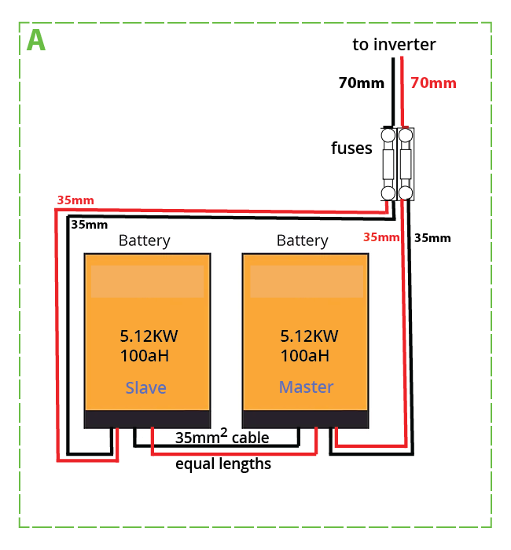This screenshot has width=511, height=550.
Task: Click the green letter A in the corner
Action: (x=35, y=40)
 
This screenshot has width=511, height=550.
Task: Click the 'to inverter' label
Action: (x=393, y=44)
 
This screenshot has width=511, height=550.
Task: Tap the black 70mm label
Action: (x=361, y=82)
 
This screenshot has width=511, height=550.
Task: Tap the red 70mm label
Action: (x=433, y=82)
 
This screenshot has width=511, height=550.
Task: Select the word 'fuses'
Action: (x=351, y=148)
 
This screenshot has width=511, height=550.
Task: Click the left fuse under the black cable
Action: (x=388, y=164)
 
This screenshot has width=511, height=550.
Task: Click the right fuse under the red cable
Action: (x=406, y=164)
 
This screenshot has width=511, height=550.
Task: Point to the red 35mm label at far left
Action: (x=75, y=200)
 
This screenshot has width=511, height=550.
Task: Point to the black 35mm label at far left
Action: (x=89, y=224)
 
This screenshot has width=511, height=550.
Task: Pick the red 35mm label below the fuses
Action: (x=381, y=237)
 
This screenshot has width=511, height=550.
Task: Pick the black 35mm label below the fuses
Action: (x=432, y=237)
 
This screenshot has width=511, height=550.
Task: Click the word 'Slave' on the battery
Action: (x=146, y=388)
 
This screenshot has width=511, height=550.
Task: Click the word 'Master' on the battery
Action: (x=306, y=387)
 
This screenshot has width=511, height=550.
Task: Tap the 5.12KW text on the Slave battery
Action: (x=149, y=336)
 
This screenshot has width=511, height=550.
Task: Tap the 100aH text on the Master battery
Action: (x=304, y=356)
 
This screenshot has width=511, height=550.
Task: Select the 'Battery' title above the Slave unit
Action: (x=144, y=240)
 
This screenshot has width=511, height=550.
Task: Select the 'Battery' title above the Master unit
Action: (x=303, y=240)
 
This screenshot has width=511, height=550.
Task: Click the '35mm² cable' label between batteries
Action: (x=222, y=437)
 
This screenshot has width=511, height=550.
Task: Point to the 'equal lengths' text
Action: (x=223, y=464)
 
